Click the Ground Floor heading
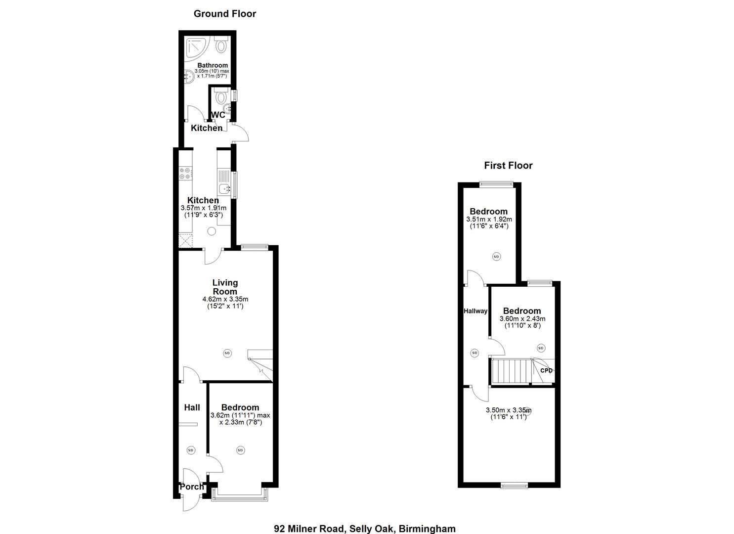point(225,14)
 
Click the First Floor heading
point(508,166)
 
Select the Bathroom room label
point(213,65)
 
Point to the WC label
point(218,115)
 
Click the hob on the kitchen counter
point(185,173)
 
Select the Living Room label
point(225,287)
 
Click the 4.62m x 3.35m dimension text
point(225,299)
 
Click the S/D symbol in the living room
point(227,353)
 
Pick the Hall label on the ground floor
point(192,407)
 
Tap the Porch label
point(192,487)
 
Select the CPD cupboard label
point(546,370)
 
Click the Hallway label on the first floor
point(475,311)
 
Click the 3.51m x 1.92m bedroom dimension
point(489,219)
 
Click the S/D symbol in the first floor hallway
point(475,353)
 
